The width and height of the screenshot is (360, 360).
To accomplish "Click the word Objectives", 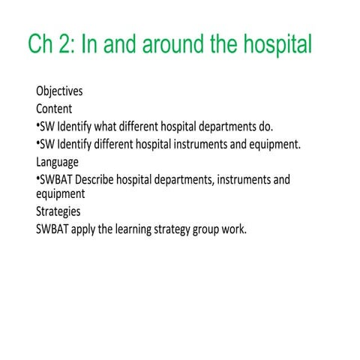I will (x=59, y=91).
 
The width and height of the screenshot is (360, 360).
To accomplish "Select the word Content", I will (x=54, y=109).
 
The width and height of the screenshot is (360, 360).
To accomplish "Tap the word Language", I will (x=57, y=161).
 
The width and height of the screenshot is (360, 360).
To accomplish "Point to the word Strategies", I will (x=58, y=212).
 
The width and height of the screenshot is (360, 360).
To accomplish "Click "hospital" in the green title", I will (x=276, y=44).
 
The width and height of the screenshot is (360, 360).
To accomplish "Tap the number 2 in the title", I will (x=66, y=44).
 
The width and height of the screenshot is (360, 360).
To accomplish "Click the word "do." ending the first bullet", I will (x=264, y=126).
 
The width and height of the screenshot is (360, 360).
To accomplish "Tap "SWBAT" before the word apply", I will (x=52, y=229).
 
